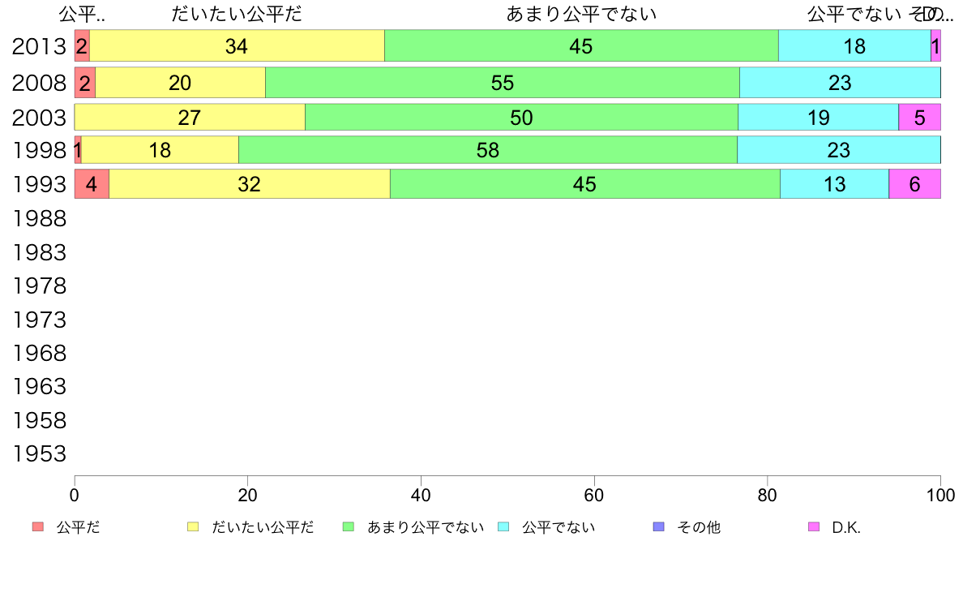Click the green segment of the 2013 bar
[581, 46]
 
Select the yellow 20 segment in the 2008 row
[180, 83]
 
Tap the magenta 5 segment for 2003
[919, 118]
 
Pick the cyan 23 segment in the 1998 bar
[838, 150]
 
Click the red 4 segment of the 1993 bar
[92, 184]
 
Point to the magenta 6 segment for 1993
[914, 184]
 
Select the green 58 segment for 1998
[488, 150]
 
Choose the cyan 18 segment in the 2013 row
[854, 46]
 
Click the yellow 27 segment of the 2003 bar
[190, 118]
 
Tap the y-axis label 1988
[39, 218]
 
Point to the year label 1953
[39, 454]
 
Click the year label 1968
[39, 354]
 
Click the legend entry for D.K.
[845, 527]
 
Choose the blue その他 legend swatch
[659, 527]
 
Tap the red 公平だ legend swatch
[38, 527]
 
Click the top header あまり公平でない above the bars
[581, 15]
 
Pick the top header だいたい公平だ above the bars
[236, 15]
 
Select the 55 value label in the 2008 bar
[503, 83]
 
